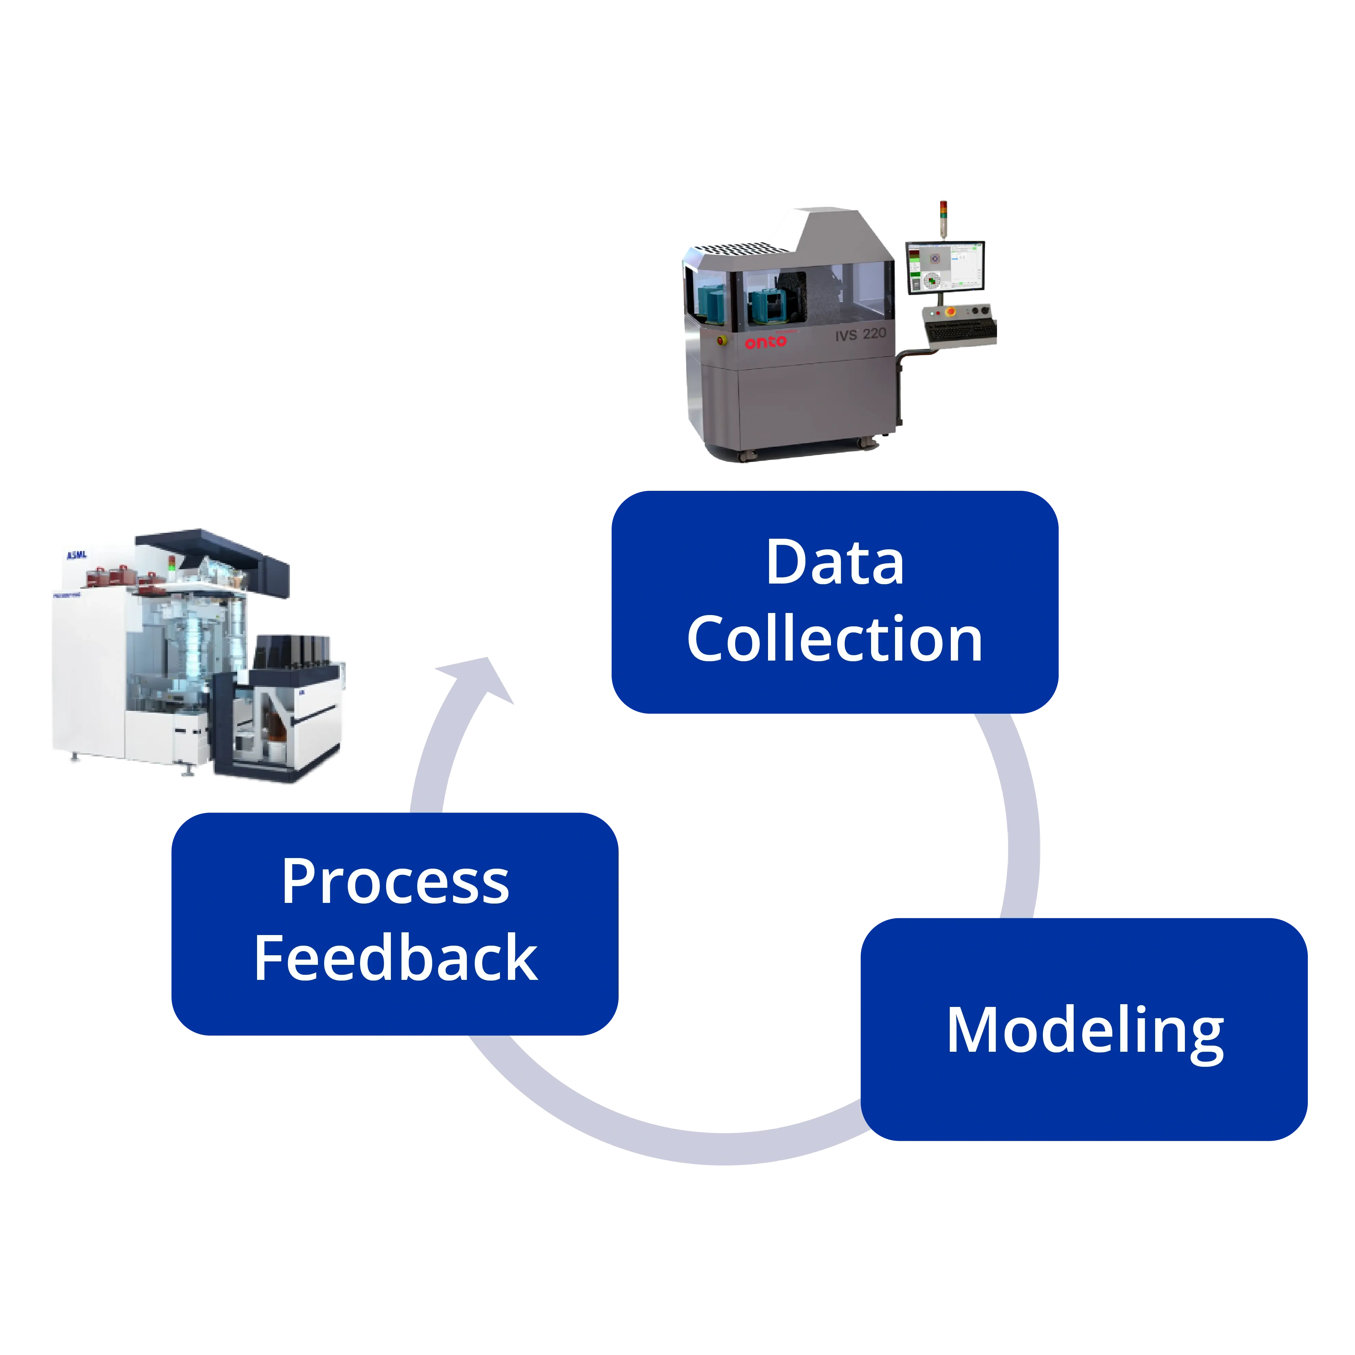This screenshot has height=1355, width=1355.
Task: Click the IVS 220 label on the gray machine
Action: [x=860, y=334]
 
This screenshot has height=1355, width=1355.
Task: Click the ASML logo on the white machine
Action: [x=76, y=555]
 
